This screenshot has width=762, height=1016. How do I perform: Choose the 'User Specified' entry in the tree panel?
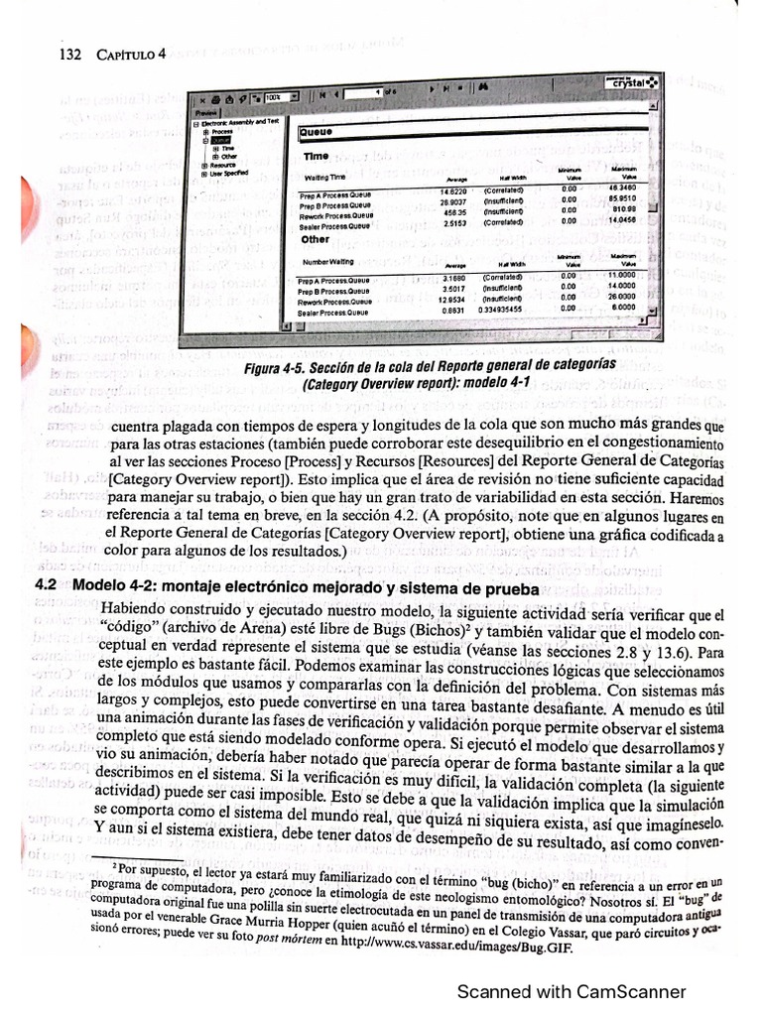pos(227,172)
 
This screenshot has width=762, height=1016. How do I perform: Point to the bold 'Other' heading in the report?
pos(316,239)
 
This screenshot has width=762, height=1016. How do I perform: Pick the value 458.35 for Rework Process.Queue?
pos(455,213)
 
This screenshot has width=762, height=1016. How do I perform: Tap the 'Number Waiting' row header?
pos(327,261)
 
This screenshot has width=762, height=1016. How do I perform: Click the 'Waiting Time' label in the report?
pos(324,177)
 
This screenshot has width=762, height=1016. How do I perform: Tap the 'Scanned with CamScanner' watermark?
pos(571,991)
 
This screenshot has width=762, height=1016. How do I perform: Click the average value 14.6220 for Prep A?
pos(452,190)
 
